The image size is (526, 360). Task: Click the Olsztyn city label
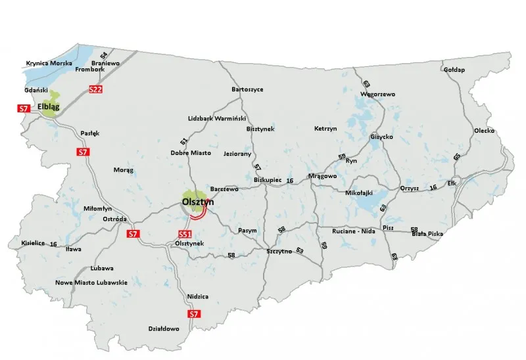coord(198,203)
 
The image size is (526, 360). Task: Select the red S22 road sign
coord(95,89)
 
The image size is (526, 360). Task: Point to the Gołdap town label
coord(454,70)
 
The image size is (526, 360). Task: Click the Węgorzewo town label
coord(378,94)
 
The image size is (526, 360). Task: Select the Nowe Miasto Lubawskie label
coord(91,282)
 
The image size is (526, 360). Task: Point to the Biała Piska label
coord(426,234)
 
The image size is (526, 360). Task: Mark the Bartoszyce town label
coord(247,89)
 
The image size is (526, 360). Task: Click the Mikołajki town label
coord(359,192)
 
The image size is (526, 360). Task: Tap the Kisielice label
coord(33,243)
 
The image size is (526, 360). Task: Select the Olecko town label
coord(484,131)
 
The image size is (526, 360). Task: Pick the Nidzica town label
coord(197,296)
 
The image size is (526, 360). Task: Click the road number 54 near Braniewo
coord(104,55)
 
